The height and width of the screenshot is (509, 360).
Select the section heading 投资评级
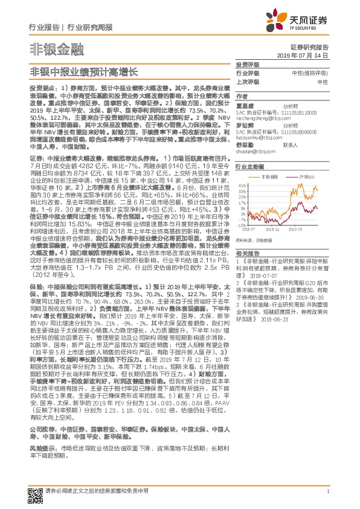point(247,64)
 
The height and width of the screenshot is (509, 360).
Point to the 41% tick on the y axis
point(240,185)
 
